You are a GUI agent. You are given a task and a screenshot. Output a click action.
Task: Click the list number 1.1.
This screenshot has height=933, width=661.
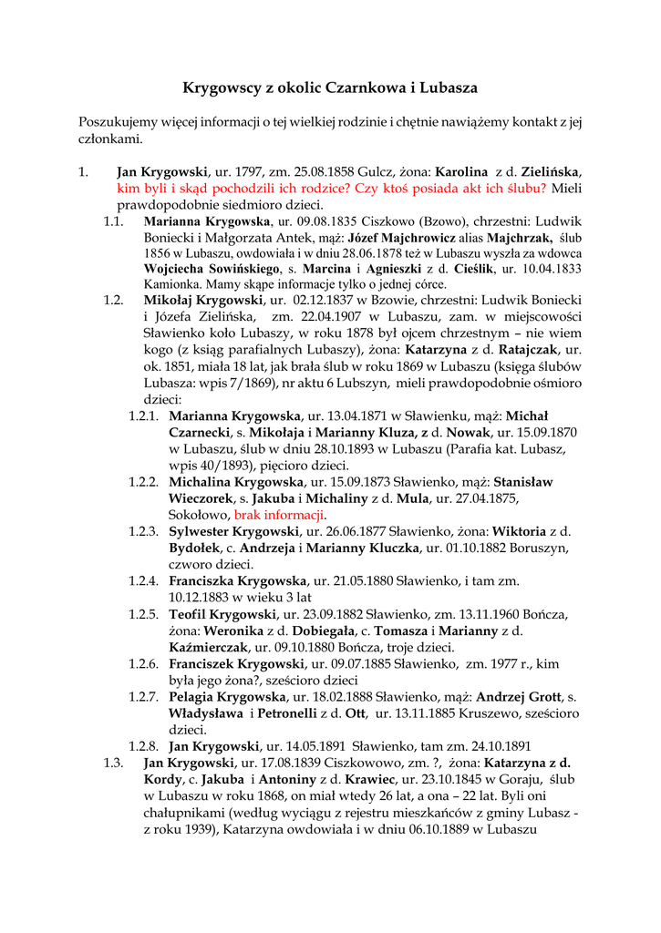(x=113, y=220)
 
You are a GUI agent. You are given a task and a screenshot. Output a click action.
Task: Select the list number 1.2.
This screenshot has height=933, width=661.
(x=113, y=300)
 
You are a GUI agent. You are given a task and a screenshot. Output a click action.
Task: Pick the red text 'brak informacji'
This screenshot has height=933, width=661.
(x=280, y=515)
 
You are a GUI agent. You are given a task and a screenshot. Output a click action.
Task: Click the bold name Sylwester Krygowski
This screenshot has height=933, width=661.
(x=234, y=531)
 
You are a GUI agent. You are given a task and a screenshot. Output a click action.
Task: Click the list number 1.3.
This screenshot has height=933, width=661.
(x=113, y=763)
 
